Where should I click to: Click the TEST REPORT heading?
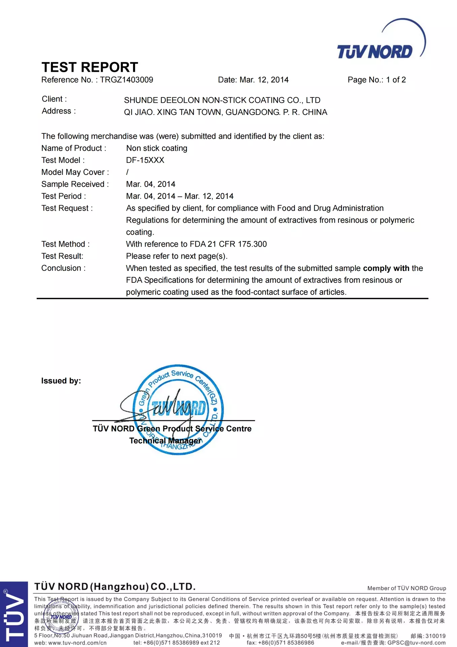(x=90, y=67)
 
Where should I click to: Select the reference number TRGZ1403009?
(x=126, y=80)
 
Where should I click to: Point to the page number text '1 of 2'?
(x=396, y=80)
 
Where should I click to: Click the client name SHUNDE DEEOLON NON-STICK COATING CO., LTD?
(x=222, y=100)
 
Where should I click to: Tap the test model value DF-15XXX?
(x=145, y=160)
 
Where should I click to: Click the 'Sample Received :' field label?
(x=75, y=184)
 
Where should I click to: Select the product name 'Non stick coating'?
(x=157, y=148)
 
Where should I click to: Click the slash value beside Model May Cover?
(x=127, y=172)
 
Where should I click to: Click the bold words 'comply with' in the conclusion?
(x=386, y=268)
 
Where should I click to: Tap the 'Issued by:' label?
(x=61, y=381)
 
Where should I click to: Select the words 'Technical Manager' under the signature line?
(x=165, y=441)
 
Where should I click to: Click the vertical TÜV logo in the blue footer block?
(x=13, y=614)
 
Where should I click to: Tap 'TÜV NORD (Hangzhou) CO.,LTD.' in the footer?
(x=115, y=587)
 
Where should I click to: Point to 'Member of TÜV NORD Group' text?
(x=406, y=588)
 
